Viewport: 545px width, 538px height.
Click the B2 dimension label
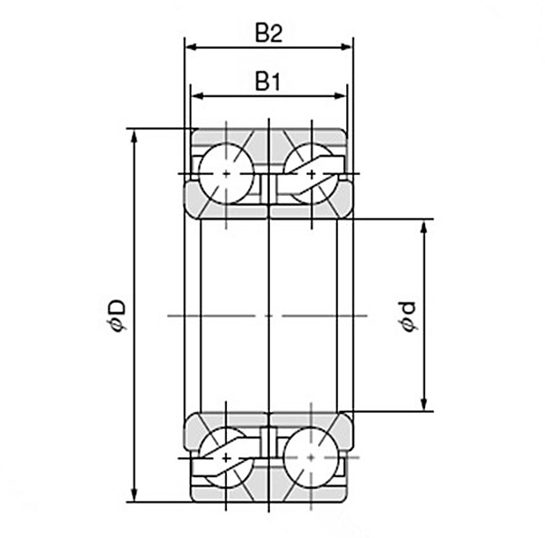point(268,34)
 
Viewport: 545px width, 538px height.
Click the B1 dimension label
point(266,83)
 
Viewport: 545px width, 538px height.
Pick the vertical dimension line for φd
point(424,272)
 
